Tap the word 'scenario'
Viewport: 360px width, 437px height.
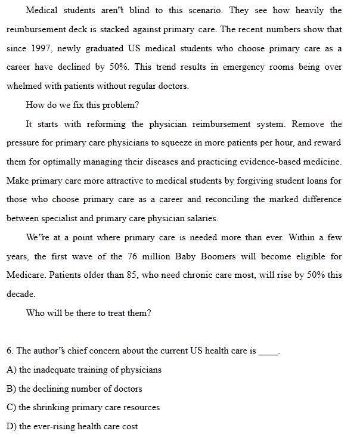pos(201,10)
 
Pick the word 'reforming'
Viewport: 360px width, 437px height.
pos(106,124)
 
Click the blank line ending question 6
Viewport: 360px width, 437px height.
pos(268,352)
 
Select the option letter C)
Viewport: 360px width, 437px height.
pos(11,407)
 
